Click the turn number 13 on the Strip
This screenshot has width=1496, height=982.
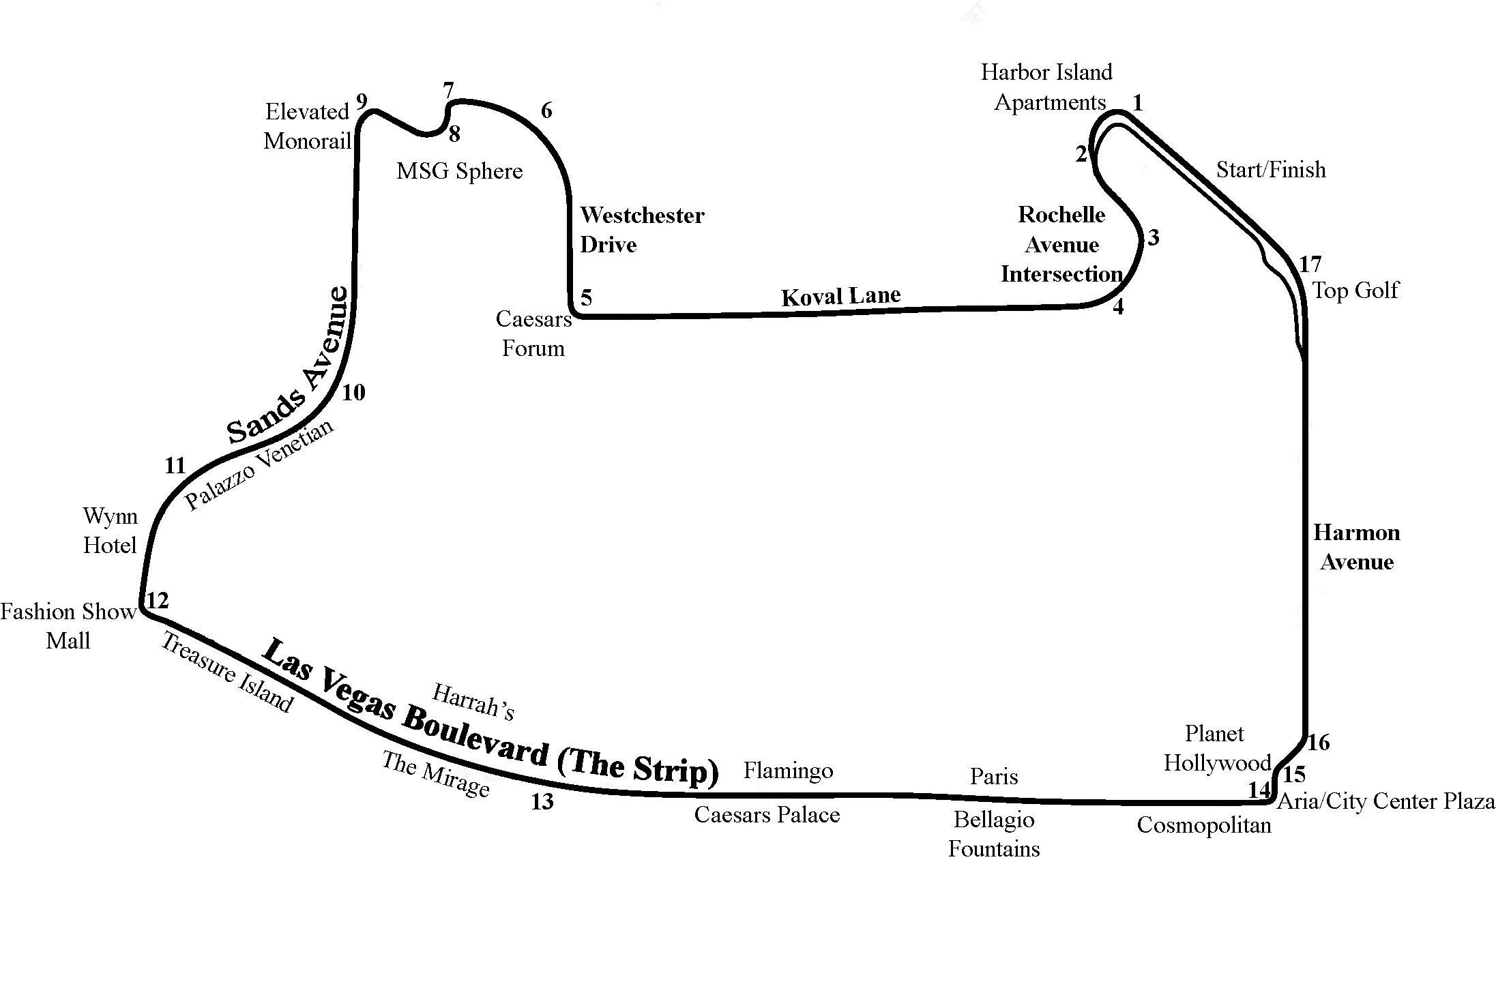[542, 802]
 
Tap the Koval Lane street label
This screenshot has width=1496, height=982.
[840, 296]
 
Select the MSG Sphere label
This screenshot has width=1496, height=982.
[459, 170]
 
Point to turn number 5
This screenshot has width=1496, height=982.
[586, 297]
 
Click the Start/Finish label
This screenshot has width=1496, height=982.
[1270, 169]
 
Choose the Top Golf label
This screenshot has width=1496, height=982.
[1355, 291]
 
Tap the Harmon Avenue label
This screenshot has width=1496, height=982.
[1356, 547]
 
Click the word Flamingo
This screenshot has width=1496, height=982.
[788, 771]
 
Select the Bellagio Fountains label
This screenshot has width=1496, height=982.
[993, 834]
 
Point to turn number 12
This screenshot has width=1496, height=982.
[158, 601]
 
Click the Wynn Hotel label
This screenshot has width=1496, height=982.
[110, 531]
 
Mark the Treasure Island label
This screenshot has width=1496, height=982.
[227, 672]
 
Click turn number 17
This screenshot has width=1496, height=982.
[1310, 264]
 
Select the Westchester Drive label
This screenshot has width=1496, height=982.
[641, 230]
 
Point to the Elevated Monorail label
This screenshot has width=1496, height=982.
[307, 126]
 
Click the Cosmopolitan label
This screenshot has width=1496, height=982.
[1203, 825]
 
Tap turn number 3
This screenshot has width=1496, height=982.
[1153, 238]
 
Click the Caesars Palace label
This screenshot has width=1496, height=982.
[767, 815]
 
